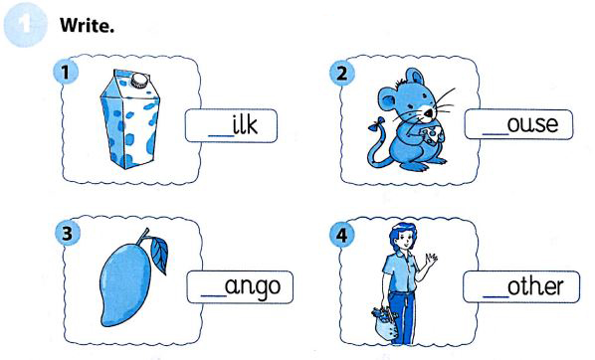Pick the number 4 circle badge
341,237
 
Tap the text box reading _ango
241,287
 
